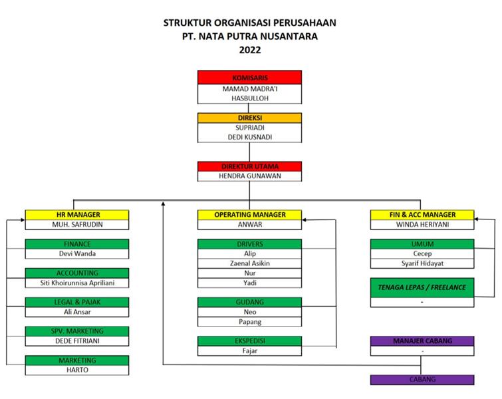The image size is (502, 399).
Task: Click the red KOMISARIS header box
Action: click(x=249, y=78)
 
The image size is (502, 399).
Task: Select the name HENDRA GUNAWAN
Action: click(x=250, y=176)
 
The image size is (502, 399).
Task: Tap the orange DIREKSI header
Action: click(x=249, y=118)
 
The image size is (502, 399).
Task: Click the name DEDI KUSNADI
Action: click(x=250, y=137)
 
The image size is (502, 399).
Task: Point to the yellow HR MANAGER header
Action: click(x=77, y=215)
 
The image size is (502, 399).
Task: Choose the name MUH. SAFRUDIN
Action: click(x=78, y=225)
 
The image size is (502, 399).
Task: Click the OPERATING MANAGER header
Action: click(x=249, y=215)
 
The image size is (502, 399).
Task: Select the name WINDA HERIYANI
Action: click(x=422, y=225)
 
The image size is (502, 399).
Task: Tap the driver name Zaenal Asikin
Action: click(x=250, y=263)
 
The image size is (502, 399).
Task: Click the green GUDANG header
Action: click(x=249, y=303)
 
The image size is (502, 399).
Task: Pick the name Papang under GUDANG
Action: click(x=250, y=322)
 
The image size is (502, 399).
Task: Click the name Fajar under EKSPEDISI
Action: click(x=250, y=351)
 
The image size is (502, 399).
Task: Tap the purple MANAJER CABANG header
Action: click(x=422, y=341)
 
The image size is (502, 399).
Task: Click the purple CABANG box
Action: click(x=422, y=380)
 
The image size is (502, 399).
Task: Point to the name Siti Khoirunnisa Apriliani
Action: click(x=77, y=283)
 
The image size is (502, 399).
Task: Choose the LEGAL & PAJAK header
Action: click(x=77, y=303)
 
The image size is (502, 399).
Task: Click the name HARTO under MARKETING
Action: click(x=77, y=370)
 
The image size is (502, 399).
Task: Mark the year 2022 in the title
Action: click(x=250, y=50)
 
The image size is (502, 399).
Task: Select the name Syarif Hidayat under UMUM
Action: click(x=422, y=263)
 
